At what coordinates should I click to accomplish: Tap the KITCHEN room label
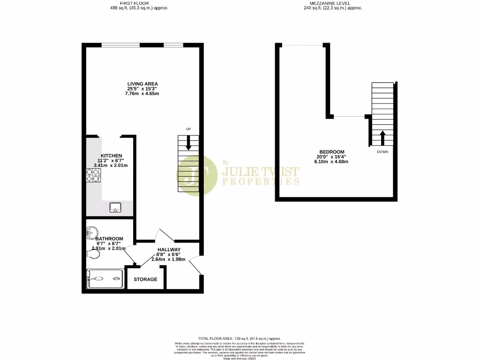[111, 156]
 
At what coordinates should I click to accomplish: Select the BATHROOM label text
[109, 239]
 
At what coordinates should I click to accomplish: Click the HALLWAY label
[169, 249]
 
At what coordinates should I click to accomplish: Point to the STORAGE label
[145, 279]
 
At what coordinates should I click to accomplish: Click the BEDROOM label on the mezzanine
[332, 152]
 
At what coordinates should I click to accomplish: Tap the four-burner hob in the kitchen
[94, 175]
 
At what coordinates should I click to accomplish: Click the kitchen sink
[115, 207]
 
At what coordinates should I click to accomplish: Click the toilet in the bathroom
[94, 254]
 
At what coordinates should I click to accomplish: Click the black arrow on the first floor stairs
[188, 143]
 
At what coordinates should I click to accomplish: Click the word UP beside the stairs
[188, 129]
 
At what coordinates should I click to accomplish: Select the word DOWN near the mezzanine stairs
[382, 152]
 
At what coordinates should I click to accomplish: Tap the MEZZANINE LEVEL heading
[333, 3]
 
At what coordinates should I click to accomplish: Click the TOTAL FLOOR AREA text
[240, 338]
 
